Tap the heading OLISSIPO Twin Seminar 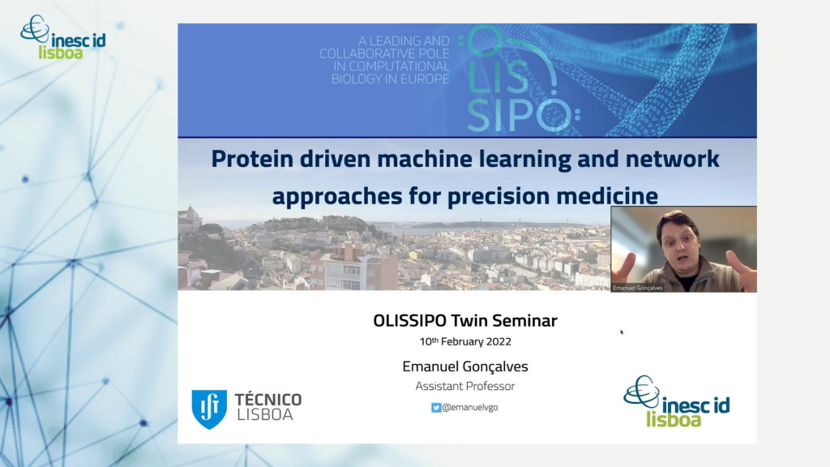[465, 320]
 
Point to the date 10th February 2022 [465, 341]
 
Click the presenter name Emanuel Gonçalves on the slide [465, 366]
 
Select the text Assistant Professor [465, 386]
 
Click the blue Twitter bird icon [435, 408]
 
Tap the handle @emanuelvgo [470, 407]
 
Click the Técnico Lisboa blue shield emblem [209, 409]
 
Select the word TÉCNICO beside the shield [267, 399]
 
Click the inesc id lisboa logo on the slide [677, 401]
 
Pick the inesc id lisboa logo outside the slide [62, 37]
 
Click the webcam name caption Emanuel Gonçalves [637, 288]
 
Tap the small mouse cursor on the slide [622, 332]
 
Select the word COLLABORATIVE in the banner [384, 54]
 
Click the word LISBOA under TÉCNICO [265, 414]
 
